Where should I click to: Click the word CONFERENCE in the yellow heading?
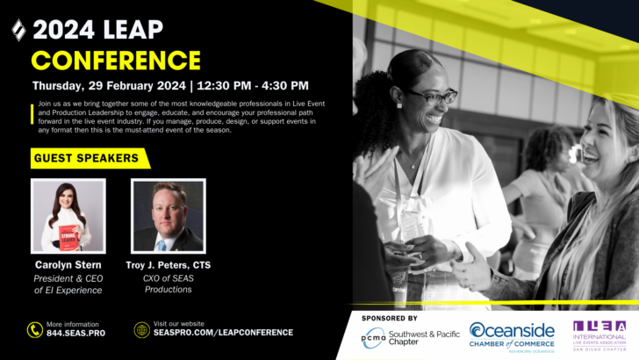point(116,60)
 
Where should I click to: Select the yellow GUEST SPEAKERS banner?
point(86,159)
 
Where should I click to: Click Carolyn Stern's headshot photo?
point(68,216)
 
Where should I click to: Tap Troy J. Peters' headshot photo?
point(168,216)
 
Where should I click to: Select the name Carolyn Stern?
point(68,265)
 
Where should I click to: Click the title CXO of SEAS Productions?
point(168,284)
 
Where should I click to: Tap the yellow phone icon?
point(35,330)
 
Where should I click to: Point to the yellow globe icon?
point(141,330)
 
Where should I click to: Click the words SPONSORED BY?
point(389,318)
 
